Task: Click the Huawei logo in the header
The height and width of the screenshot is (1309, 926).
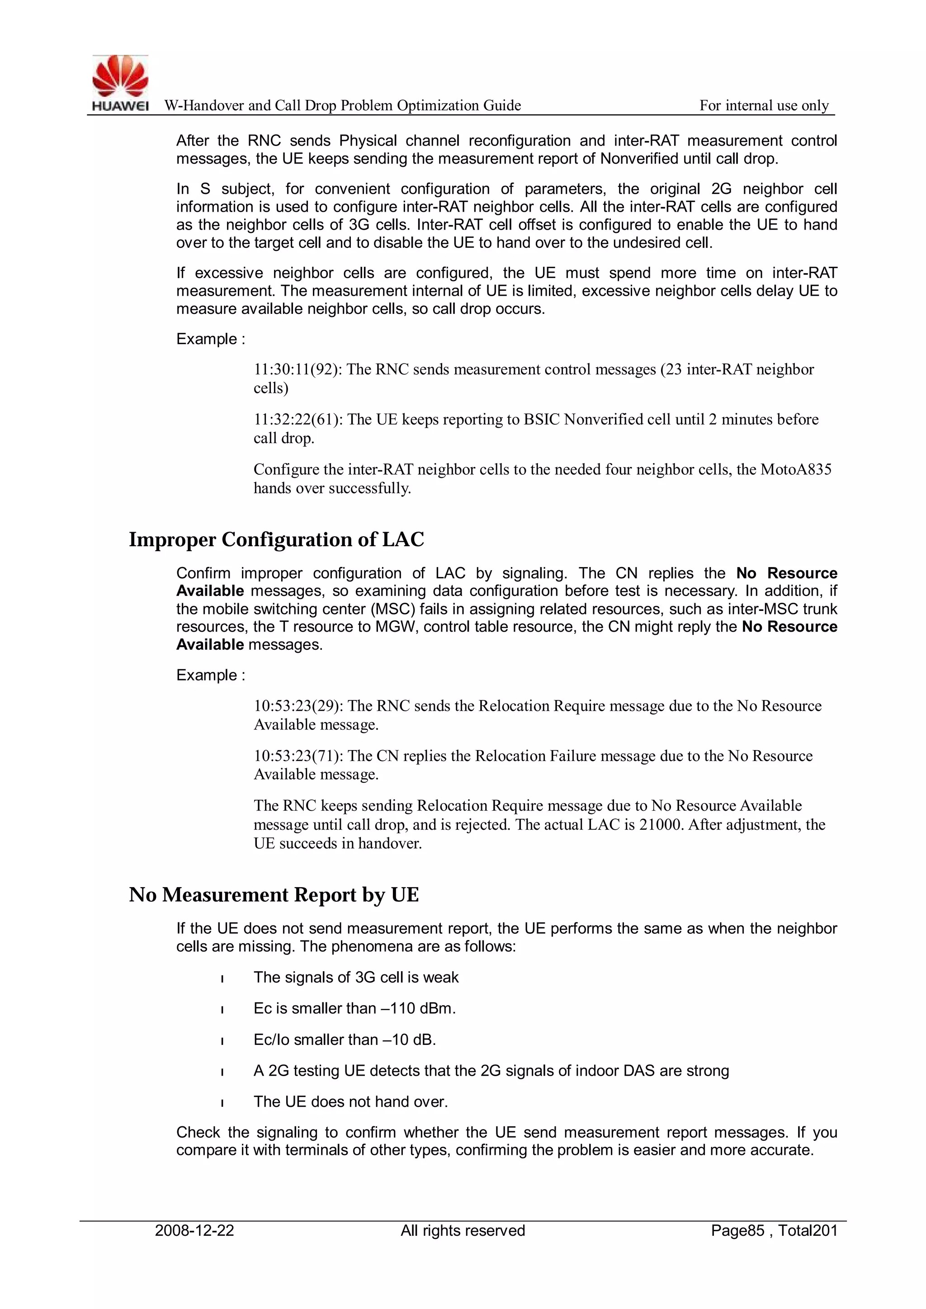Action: [x=120, y=83]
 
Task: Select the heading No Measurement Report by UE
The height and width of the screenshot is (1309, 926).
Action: [x=274, y=894]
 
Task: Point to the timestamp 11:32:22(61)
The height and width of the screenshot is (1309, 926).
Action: [x=298, y=420]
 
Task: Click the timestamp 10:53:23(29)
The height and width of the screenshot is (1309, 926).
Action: [x=298, y=706]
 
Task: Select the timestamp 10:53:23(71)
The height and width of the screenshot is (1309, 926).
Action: [x=298, y=756]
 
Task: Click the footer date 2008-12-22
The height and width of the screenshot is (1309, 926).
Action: [x=194, y=1230]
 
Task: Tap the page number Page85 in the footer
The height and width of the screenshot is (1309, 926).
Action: [x=737, y=1230]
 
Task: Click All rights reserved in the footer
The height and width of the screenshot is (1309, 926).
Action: [x=463, y=1230]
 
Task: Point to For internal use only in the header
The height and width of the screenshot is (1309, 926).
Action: [x=764, y=105]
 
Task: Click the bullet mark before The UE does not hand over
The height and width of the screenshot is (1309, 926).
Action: [x=222, y=1103]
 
